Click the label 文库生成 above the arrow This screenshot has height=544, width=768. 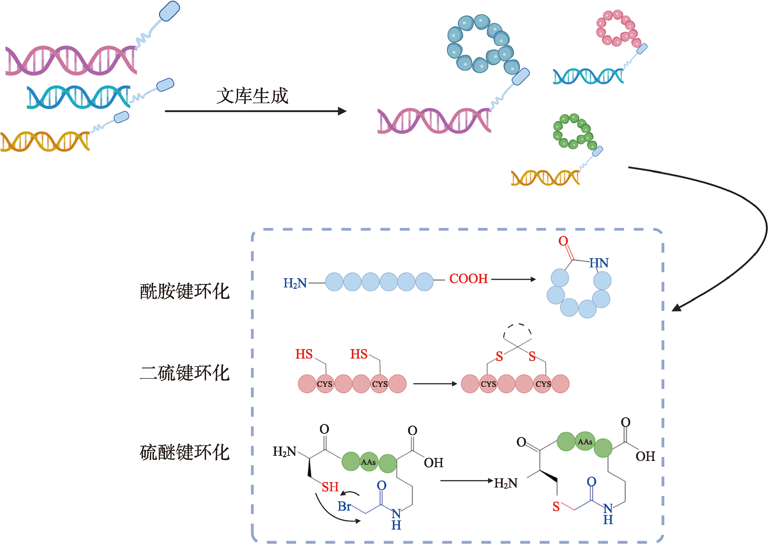point(252,96)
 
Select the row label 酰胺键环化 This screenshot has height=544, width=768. point(184,291)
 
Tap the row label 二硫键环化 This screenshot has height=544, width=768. point(184,373)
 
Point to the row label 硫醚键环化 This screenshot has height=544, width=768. point(184,452)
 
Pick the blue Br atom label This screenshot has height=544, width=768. point(344,506)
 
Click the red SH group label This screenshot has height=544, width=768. point(330,487)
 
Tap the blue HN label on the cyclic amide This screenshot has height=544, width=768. point(599,263)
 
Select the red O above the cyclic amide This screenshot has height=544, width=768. point(563,241)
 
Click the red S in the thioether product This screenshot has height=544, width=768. point(556,507)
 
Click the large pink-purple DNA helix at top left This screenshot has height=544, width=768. point(71,60)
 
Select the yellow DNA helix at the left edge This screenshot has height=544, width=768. point(45,141)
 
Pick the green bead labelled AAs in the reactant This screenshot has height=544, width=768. point(369,462)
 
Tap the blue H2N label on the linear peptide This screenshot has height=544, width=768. point(295,283)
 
